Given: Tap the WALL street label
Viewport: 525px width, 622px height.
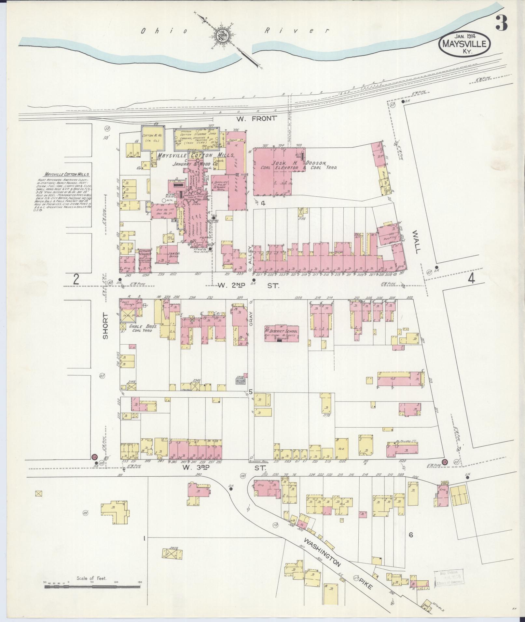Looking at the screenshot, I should (416, 242).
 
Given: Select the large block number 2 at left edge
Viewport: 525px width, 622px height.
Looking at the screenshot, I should (76, 280).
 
